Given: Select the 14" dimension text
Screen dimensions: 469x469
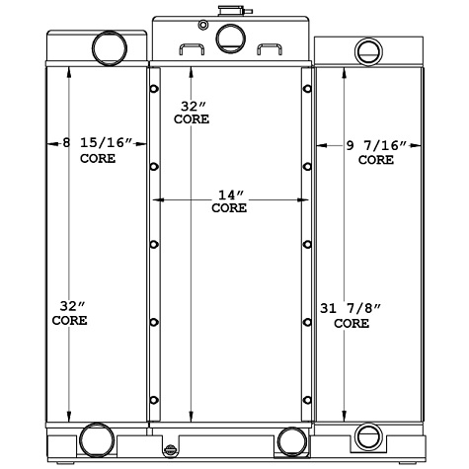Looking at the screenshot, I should pos(228,195).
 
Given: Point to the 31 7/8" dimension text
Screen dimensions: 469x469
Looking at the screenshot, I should pos(352,308).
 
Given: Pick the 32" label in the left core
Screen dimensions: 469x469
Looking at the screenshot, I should pos(69,306).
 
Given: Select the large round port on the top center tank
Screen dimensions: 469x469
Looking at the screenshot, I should pos(229,39).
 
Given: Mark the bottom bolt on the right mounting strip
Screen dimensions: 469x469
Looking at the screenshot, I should pos(307,400).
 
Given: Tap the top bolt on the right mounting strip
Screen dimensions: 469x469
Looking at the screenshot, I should pos(307,90).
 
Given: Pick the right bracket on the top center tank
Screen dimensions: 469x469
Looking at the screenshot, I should pos(268,49).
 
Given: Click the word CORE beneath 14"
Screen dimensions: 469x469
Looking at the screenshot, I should pos(228,208).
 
